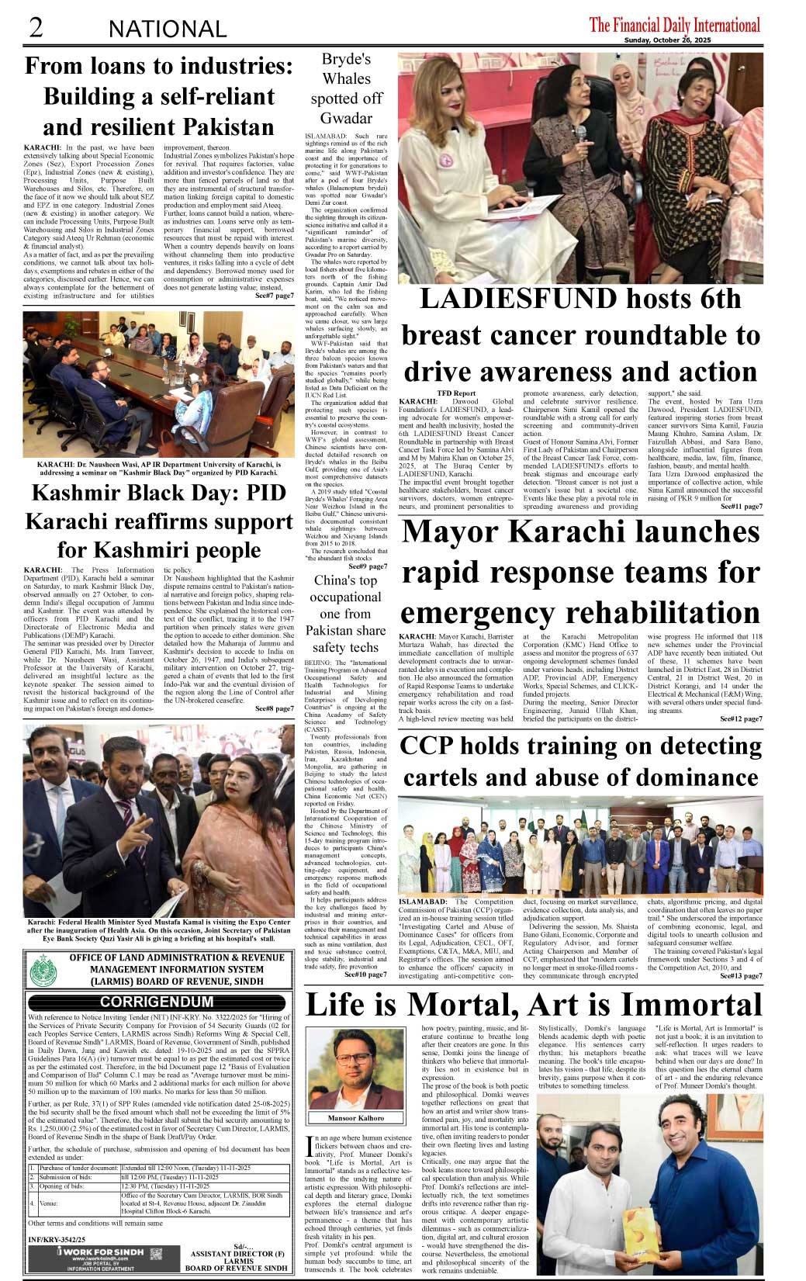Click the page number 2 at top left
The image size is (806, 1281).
click(35, 27)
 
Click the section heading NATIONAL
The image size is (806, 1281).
click(168, 29)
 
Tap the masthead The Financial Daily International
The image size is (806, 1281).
click(674, 25)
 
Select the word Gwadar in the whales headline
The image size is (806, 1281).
click(346, 119)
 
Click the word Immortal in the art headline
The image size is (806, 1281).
click(683, 1005)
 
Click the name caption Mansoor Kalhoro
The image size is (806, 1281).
click(356, 1118)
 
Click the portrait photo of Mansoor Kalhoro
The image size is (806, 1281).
click(356, 1069)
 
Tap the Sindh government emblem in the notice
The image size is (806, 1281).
click(44, 969)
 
